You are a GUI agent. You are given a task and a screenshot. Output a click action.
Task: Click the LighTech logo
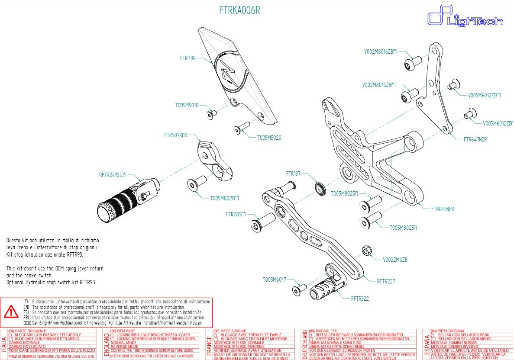(465, 19)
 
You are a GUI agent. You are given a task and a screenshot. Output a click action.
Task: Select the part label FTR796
(188, 57)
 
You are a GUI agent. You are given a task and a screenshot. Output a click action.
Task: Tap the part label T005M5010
(187, 105)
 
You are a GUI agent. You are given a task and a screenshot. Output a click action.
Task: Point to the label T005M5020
(269, 138)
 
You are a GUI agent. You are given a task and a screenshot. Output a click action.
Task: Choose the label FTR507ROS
(175, 135)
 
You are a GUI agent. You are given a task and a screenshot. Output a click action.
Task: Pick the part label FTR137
(293, 174)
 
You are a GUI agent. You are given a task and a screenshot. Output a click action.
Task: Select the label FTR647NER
(475, 140)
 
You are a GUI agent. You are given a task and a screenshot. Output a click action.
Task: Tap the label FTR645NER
(443, 209)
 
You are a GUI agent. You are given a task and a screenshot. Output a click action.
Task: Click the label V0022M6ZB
(395, 260)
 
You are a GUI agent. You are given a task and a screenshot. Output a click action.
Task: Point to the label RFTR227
(386, 281)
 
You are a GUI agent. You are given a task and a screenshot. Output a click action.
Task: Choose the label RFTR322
(360, 299)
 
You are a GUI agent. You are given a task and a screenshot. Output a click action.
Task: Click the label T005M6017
(274, 280)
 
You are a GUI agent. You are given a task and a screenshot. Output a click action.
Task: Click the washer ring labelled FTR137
(320, 188)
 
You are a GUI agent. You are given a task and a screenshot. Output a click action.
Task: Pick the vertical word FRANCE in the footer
(209, 345)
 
